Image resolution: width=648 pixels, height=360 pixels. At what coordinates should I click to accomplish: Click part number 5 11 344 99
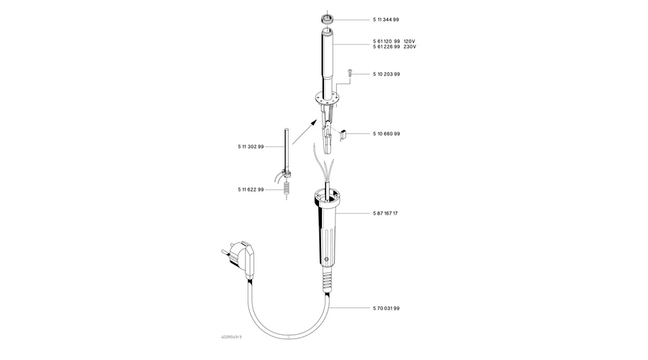(386, 19)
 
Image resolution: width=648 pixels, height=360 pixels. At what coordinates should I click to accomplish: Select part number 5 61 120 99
(387, 41)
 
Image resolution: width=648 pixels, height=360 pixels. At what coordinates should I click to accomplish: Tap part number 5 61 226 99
(387, 47)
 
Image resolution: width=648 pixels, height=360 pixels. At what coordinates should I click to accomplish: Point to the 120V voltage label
(410, 41)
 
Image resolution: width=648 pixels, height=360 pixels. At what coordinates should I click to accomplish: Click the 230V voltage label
(410, 47)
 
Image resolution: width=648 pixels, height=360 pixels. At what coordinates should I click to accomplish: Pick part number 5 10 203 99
(387, 74)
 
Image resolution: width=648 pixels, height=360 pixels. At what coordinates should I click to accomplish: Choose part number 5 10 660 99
(387, 133)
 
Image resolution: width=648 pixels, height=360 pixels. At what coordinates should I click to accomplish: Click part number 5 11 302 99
(251, 147)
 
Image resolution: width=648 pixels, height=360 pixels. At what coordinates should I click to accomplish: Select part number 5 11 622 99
(251, 189)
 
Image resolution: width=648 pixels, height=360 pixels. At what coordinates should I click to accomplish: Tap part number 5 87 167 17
(385, 213)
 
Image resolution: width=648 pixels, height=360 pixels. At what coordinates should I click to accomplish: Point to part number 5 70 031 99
(387, 308)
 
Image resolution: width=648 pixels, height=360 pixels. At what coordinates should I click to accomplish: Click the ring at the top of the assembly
(327, 19)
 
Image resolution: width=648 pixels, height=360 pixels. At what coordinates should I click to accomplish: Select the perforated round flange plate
(327, 98)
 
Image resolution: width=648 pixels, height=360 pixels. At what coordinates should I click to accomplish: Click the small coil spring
(287, 189)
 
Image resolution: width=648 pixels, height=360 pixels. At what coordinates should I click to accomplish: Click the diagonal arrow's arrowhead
(315, 122)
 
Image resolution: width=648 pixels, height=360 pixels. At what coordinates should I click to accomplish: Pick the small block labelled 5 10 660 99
(343, 134)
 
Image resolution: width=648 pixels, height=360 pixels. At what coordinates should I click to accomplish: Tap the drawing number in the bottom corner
(231, 337)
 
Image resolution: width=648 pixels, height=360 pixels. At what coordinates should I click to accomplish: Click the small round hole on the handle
(326, 259)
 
